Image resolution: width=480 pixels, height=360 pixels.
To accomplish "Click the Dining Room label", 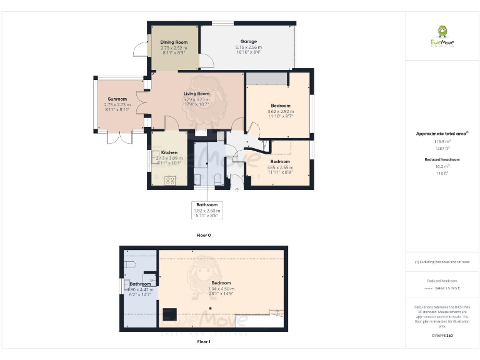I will (174, 42).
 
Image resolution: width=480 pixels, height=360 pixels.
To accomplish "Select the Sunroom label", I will (117, 99).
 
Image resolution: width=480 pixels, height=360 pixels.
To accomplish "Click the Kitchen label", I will (169, 152).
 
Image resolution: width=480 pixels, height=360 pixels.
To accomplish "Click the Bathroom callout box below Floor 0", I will (207, 210).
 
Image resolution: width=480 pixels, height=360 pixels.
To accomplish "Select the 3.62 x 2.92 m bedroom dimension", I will (281, 111).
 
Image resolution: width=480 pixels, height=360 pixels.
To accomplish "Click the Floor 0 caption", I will (204, 236).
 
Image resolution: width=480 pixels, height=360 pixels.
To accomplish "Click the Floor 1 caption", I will (204, 342).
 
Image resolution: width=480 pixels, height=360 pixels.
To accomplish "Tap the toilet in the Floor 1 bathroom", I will (130, 265).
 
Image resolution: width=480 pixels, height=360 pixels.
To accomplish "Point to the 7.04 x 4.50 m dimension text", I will (221, 289).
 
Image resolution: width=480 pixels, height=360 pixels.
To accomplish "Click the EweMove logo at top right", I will (442, 35).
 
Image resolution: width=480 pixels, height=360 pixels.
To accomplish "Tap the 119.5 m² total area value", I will (442, 142).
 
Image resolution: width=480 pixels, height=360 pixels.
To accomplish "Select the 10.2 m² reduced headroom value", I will (442, 167).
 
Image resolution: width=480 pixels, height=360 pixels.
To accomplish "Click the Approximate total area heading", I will (442, 133).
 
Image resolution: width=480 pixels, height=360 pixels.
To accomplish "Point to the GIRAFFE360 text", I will (442, 336).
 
